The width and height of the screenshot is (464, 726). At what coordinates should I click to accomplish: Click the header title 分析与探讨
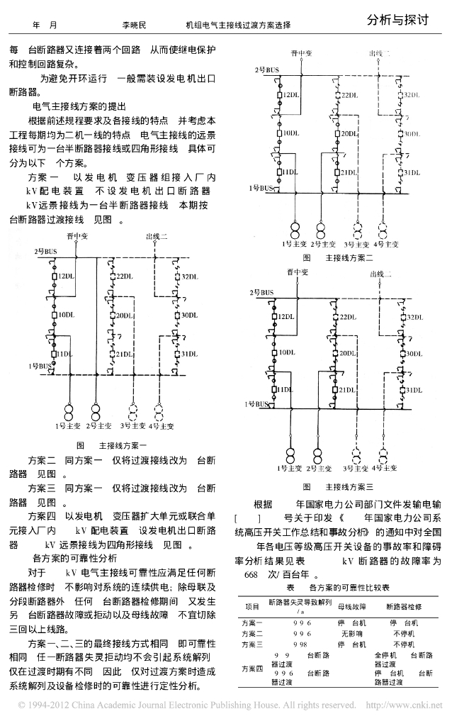[398, 21]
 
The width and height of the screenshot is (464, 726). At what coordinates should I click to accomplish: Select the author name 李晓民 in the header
[133, 24]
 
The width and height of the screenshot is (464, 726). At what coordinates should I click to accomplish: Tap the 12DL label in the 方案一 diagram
[68, 275]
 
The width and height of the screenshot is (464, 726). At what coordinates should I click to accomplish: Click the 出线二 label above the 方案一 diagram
[157, 236]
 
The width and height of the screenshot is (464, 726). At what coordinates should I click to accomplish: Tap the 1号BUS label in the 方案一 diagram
[40, 365]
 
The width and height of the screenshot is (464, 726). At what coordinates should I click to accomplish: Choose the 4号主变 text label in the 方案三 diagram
[386, 469]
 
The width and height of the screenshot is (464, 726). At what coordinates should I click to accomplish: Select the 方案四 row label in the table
[252, 668]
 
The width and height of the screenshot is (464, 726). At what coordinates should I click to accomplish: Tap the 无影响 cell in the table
[352, 633]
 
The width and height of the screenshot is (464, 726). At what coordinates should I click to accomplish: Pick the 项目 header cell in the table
[252, 606]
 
